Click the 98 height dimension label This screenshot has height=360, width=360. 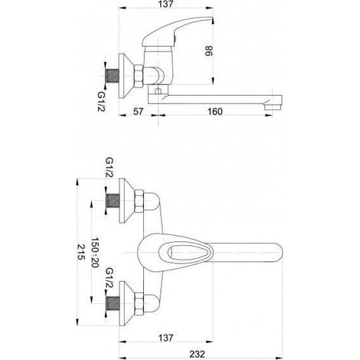click(x=208, y=51)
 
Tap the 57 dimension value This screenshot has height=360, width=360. click(x=139, y=112)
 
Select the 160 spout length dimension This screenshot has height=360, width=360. click(x=215, y=112)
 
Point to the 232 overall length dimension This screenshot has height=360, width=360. click(x=197, y=355)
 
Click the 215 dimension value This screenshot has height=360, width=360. click(x=81, y=252)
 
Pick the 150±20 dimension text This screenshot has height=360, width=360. click(x=95, y=252)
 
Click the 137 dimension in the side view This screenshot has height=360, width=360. click(x=165, y=4)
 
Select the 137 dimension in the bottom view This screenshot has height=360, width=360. click(x=165, y=338)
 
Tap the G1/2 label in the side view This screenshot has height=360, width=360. click(x=101, y=101)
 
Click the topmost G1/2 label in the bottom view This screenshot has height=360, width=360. click(x=110, y=167)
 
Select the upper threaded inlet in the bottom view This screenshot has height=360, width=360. click(x=113, y=200)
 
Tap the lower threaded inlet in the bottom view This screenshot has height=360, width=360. click(x=113, y=303)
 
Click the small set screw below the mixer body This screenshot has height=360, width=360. click(x=159, y=90)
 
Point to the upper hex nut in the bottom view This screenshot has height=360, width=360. click(x=139, y=201)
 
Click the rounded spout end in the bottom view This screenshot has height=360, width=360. click(x=277, y=252)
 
